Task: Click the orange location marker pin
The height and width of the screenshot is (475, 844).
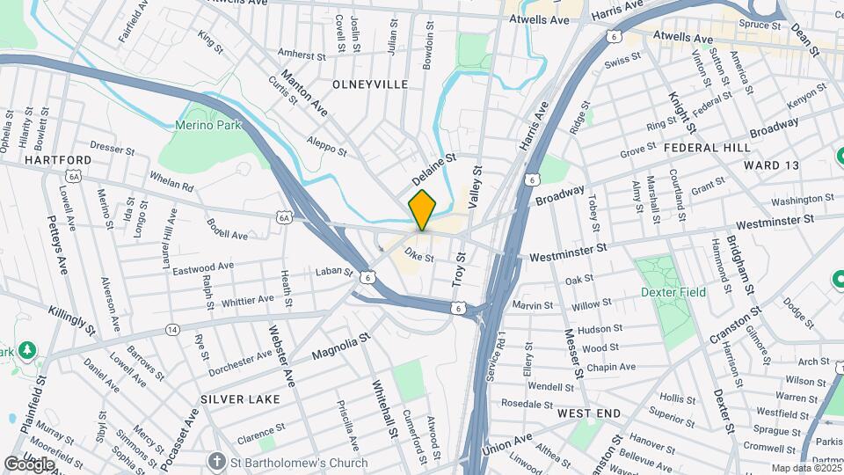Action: pos(423,210)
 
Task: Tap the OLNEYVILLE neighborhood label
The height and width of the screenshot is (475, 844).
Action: pos(370,84)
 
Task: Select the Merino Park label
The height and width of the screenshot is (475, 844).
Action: pos(207,126)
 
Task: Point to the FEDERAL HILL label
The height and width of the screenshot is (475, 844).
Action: pos(707,148)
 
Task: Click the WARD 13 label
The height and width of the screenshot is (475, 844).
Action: pos(771,165)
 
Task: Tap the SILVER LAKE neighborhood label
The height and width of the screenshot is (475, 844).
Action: pos(240,399)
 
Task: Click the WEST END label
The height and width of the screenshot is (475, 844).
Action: pos(589,413)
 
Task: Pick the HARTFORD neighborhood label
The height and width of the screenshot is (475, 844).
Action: pos(58,160)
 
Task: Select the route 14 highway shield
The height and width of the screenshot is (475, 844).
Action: pos(171,329)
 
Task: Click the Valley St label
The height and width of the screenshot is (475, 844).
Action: pos(476,187)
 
